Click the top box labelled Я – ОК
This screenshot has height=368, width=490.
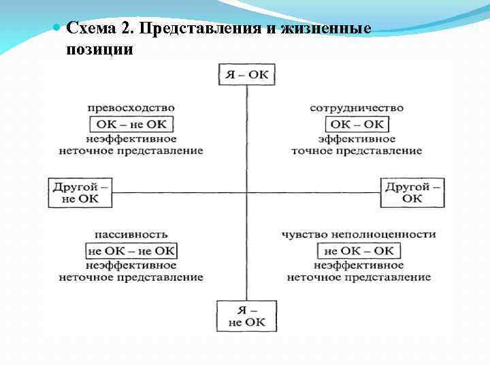click(246, 74)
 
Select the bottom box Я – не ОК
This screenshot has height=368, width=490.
click(246, 316)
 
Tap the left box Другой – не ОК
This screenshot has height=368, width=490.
click(79, 192)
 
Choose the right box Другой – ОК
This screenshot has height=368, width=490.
click(412, 192)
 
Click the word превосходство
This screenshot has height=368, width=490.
click(131, 108)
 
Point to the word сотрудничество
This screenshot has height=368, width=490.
click(357, 108)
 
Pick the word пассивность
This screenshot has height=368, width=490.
click(131, 234)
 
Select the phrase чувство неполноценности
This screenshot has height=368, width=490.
click(359, 234)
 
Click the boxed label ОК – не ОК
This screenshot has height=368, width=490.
click(131, 124)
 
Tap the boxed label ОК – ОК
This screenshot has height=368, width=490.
click(357, 124)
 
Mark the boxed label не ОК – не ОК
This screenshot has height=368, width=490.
click(131, 251)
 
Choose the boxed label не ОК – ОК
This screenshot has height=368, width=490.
click(359, 251)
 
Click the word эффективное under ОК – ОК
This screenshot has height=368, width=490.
click(357, 138)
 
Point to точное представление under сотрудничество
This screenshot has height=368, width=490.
click(357, 151)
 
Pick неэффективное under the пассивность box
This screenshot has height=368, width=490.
click(131, 265)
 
